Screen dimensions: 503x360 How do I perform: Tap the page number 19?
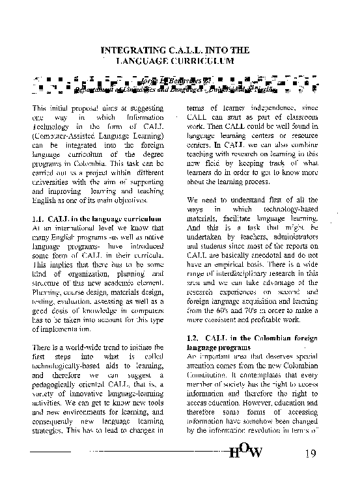tap(310, 454)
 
